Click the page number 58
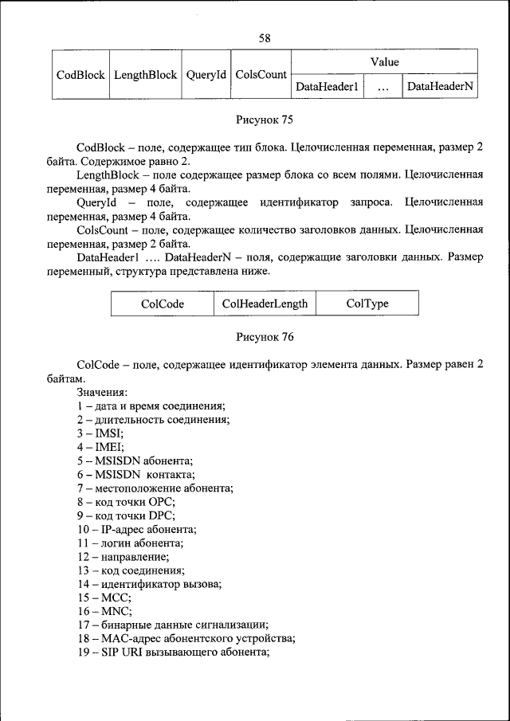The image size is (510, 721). [x=265, y=38]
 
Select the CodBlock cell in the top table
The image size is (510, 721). [x=80, y=74]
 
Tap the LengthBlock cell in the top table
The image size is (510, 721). [x=145, y=74]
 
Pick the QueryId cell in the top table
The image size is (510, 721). [x=206, y=74]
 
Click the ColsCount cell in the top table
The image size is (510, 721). [x=261, y=74]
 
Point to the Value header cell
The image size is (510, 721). [x=384, y=61]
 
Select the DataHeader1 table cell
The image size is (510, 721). [x=327, y=87]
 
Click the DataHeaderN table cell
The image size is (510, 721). [x=440, y=87]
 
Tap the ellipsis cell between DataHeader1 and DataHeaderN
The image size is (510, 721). [x=383, y=87]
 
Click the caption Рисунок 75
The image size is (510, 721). [x=265, y=120]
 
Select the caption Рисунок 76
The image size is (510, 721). [x=265, y=337]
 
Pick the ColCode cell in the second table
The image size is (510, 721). [x=163, y=304]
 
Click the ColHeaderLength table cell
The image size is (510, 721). [x=265, y=304]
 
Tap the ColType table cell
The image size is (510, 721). [x=367, y=304]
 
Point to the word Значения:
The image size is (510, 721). [x=103, y=393]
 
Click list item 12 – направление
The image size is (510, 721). [x=123, y=556]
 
